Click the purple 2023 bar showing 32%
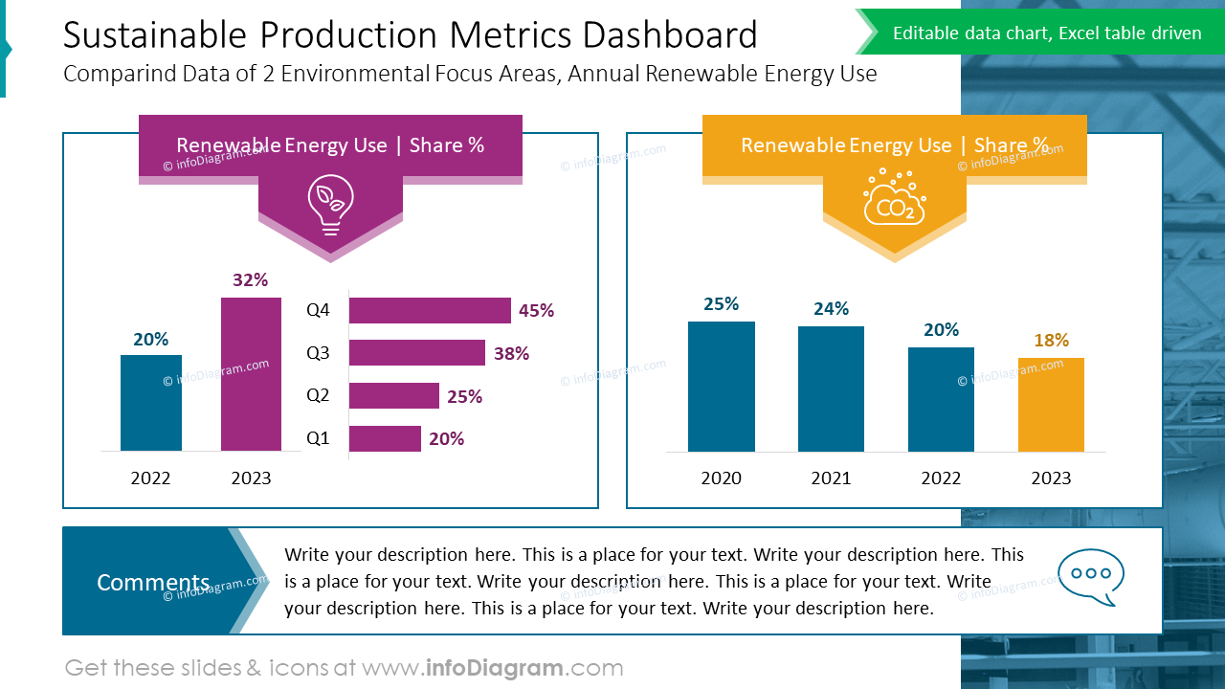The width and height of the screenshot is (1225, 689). click(251, 373)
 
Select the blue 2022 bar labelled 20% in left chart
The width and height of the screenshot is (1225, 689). click(151, 402)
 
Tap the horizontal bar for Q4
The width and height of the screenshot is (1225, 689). click(430, 310)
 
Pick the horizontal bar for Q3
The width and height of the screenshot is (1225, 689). click(416, 353)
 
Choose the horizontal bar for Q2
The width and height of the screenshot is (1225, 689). click(393, 396)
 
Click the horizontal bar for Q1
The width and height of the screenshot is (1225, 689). click(385, 438)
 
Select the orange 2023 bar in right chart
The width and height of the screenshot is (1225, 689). click(1051, 404)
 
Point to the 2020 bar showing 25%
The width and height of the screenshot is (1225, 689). click(722, 386)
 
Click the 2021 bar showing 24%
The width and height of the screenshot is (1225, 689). click(831, 389)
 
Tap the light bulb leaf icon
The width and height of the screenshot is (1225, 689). click(330, 204)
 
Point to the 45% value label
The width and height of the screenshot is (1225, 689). click(536, 310)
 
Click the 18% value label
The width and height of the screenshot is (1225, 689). click(1051, 340)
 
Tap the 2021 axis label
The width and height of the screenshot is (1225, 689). click(831, 478)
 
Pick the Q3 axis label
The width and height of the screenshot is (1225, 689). click(318, 353)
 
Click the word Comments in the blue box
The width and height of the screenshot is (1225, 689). click(153, 582)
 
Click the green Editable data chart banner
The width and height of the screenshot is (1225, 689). click(1046, 33)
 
